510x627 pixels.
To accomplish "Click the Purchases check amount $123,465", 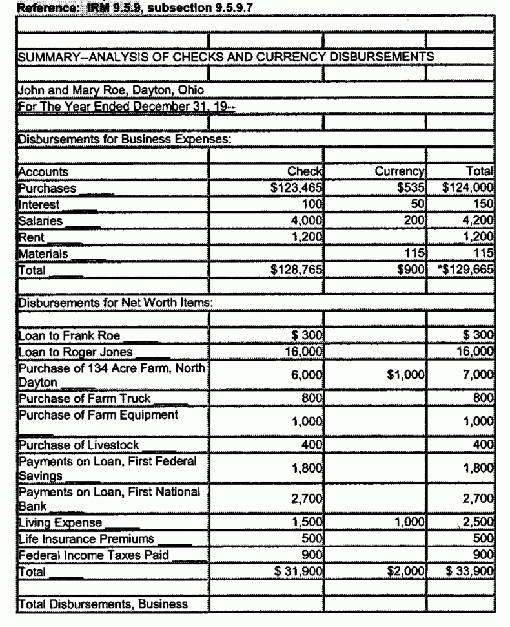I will tap(296, 189).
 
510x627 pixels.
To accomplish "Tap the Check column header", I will tap(305, 173).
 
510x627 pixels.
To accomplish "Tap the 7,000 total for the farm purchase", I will tap(479, 375).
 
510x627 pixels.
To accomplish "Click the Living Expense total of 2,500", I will tap(480, 522).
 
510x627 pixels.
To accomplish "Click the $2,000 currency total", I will tap(408, 571).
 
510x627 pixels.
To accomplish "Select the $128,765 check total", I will tap(297, 270).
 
